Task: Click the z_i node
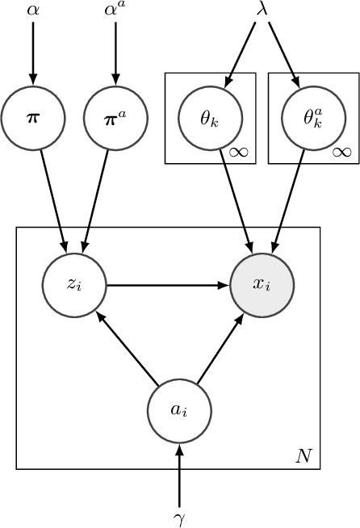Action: click(74, 285)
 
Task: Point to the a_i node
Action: click(179, 410)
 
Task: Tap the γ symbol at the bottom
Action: click(179, 515)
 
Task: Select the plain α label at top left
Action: click(32, 10)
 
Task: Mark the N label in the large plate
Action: click(303, 456)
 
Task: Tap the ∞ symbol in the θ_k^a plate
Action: click(341, 152)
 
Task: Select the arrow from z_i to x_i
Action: click(169, 285)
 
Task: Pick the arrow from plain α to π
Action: click(32, 52)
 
